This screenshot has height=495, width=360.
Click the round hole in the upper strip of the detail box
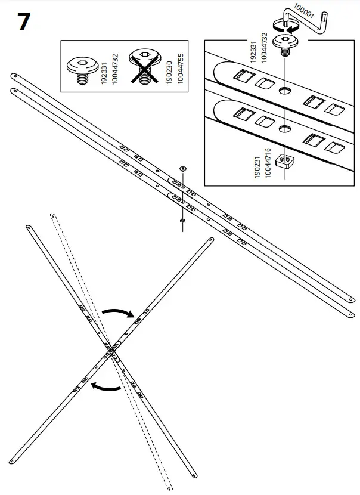(x=285, y=91)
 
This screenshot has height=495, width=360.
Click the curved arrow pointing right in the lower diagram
(x=117, y=313)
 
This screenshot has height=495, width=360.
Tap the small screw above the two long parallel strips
(x=183, y=169)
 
